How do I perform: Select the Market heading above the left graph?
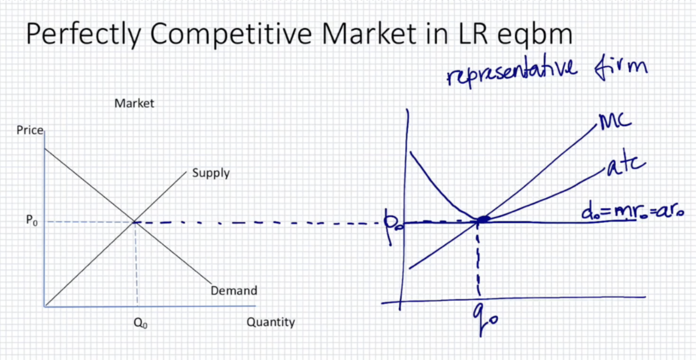(x=134, y=103)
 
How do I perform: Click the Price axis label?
(x=30, y=130)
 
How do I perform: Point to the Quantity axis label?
(x=270, y=322)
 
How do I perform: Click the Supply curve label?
(x=211, y=173)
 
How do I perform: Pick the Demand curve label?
(x=234, y=291)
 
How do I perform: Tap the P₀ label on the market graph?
(x=31, y=221)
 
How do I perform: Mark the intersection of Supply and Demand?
(x=135, y=222)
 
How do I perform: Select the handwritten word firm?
(x=624, y=68)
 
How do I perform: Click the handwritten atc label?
(x=628, y=166)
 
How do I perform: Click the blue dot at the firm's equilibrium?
(x=483, y=220)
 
